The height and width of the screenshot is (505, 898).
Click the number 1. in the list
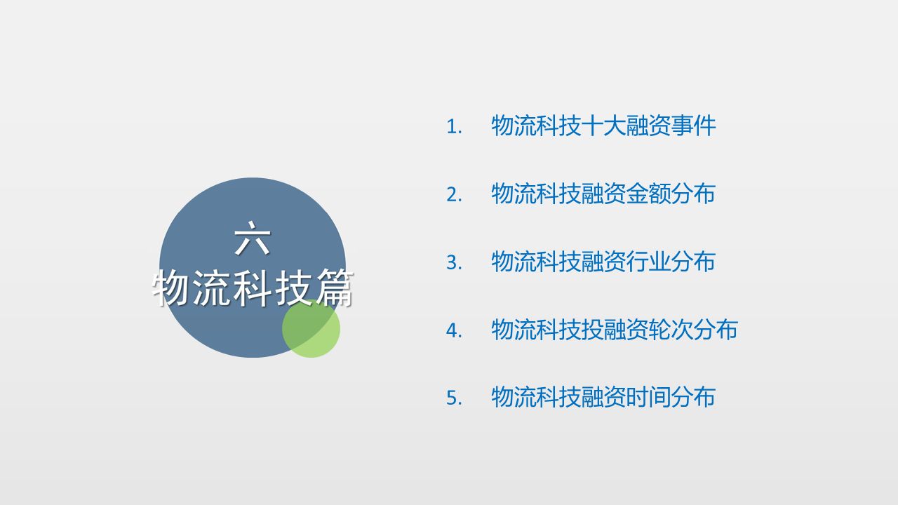(454, 127)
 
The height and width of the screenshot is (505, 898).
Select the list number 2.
(454, 195)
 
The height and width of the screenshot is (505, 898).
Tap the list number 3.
(454, 262)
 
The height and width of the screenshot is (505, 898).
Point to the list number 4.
(454, 330)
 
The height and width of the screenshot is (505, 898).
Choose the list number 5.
(454, 398)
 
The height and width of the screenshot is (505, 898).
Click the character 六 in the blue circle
(253, 238)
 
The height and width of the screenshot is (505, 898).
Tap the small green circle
(311, 329)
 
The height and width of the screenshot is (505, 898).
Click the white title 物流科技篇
(253, 288)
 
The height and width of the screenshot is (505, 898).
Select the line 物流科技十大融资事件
(603, 126)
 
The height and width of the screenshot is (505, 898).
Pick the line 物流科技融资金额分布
(603, 194)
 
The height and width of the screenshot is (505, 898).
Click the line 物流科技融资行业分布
(603, 262)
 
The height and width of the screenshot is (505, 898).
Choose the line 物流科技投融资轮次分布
(615, 330)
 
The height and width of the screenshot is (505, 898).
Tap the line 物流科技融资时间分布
(603, 397)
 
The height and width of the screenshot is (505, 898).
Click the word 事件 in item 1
(694, 126)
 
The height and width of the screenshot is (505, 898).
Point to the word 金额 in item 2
(649, 194)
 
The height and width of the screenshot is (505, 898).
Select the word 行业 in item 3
(649, 262)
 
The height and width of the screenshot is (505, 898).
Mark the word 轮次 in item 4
(671, 330)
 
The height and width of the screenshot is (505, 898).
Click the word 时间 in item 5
(649, 397)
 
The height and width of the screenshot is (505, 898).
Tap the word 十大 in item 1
(604, 126)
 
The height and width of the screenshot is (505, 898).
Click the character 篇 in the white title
(334, 288)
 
